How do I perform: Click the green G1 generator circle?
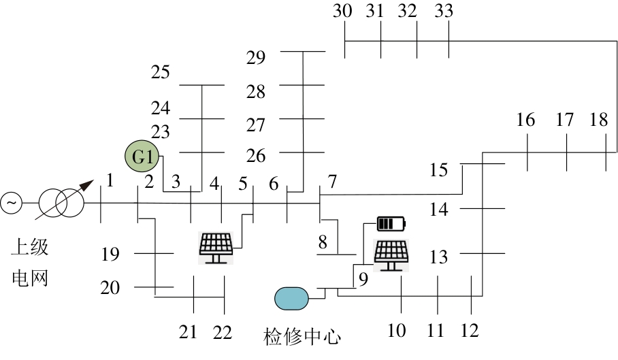click(142, 158)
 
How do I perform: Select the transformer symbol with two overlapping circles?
click(61, 202)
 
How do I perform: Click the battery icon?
click(391, 223)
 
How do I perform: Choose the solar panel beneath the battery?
click(391, 255)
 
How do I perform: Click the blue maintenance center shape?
click(291, 297)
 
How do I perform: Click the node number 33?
click(443, 11)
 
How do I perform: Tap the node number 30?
click(343, 11)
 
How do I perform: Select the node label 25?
click(161, 72)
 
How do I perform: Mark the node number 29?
click(256, 57)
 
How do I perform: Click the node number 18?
click(598, 120)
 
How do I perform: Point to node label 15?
click(439, 169)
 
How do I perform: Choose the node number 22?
click(222, 332)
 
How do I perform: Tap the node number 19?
click(110, 255)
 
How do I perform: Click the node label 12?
click(470, 331)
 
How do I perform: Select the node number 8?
click(323, 242)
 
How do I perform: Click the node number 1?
click(109, 181)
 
